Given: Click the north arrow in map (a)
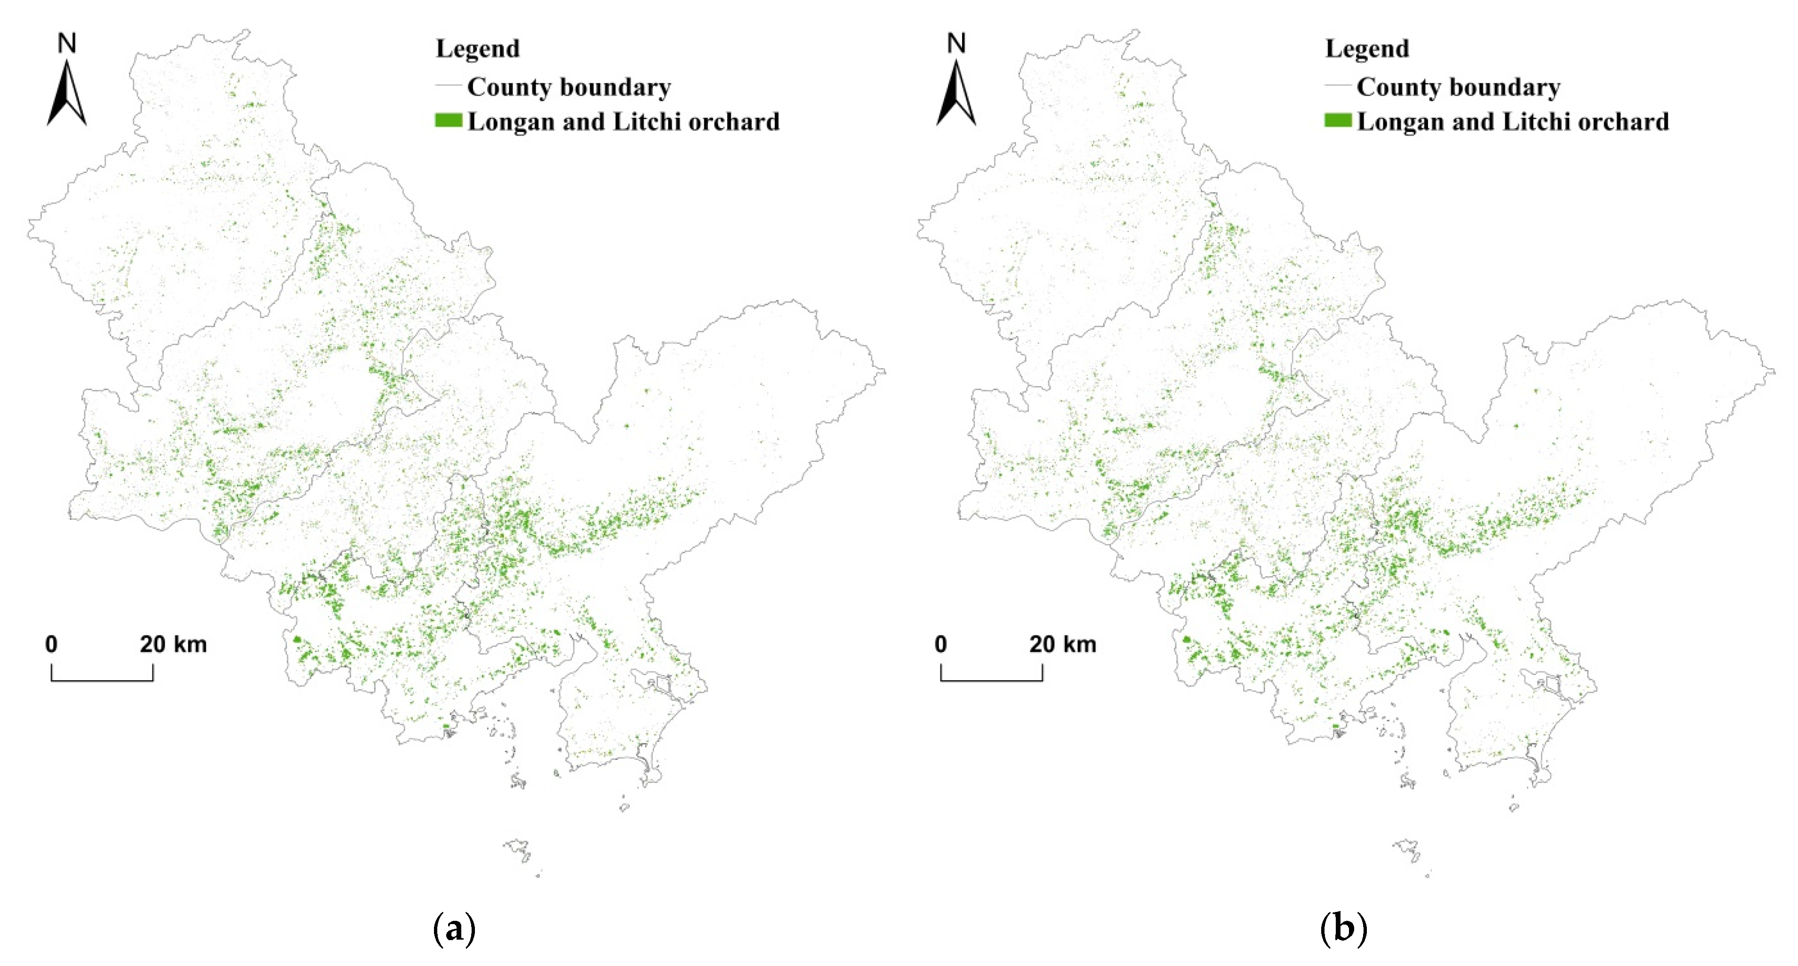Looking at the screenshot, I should click(67, 94).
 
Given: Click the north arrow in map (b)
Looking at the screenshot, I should click(956, 94).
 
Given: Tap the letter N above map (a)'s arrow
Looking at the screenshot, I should click(67, 43).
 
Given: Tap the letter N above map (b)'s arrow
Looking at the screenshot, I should click(956, 43).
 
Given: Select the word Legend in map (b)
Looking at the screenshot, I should click(1367, 49).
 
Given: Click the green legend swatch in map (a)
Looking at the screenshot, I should click(448, 121).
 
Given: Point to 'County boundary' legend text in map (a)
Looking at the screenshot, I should click(569, 87).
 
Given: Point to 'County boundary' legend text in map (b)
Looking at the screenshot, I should click(1458, 87).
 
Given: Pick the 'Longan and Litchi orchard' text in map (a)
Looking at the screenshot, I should click(623, 122).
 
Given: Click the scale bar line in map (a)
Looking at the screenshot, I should click(102, 679).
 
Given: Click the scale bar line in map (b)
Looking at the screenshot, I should click(991, 679).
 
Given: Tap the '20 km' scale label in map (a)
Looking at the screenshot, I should click(173, 644).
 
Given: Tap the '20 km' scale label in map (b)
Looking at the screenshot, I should click(1062, 644).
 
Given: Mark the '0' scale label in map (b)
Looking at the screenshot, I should click(941, 644).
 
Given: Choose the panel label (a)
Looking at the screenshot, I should click(454, 929).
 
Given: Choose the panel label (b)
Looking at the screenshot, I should click(1344, 929).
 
